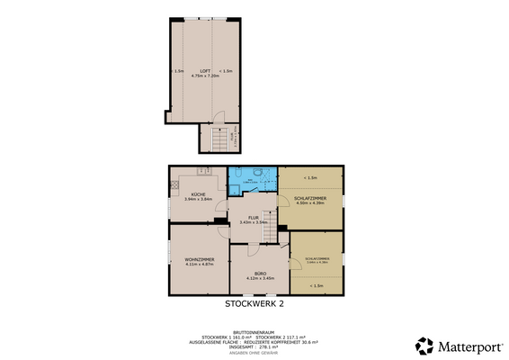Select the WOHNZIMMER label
coord(197,260)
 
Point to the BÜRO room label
coord(259,273)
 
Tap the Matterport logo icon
coord(423,346)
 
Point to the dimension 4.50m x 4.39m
coord(309,202)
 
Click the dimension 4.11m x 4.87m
coord(197,265)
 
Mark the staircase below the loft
coord(218,140)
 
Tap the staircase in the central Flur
coord(267,233)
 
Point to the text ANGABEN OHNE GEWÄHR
coord(254,352)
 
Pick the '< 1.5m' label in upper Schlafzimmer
coord(309,176)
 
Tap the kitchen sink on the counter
coord(204,172)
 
